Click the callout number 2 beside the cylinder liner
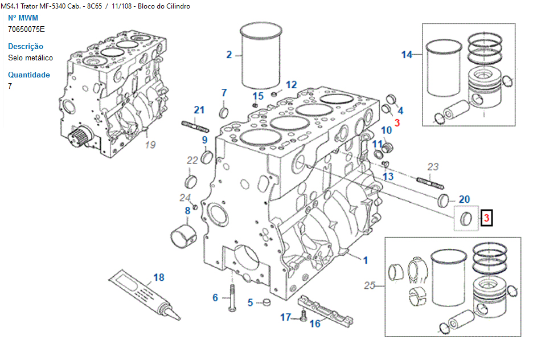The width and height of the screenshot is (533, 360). click(x=229, y=55)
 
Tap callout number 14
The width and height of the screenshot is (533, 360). click(x=407, y=55)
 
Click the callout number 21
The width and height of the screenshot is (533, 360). click(x=199, y=110)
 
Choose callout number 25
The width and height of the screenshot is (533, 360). click(x=370, y=285)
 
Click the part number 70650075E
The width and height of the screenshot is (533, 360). click(x=26, y=30)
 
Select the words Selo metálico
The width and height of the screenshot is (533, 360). click(x=31, y=58)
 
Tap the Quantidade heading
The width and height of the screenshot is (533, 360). click(x=29, y=75)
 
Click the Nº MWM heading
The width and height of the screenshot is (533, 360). click(x=23, y=18)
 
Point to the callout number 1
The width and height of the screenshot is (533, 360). click(x=366, y=260)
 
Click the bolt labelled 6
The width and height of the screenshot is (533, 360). click(x=232, y=297)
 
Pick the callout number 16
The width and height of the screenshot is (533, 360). click(x=315, y=324)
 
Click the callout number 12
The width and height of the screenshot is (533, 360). click(x=291, y=85)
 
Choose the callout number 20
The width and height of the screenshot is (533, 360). click(x=464, y=199)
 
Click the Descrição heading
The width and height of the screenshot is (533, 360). click(x=26, y=46)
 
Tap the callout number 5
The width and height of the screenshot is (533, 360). click(x=250, y=302)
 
